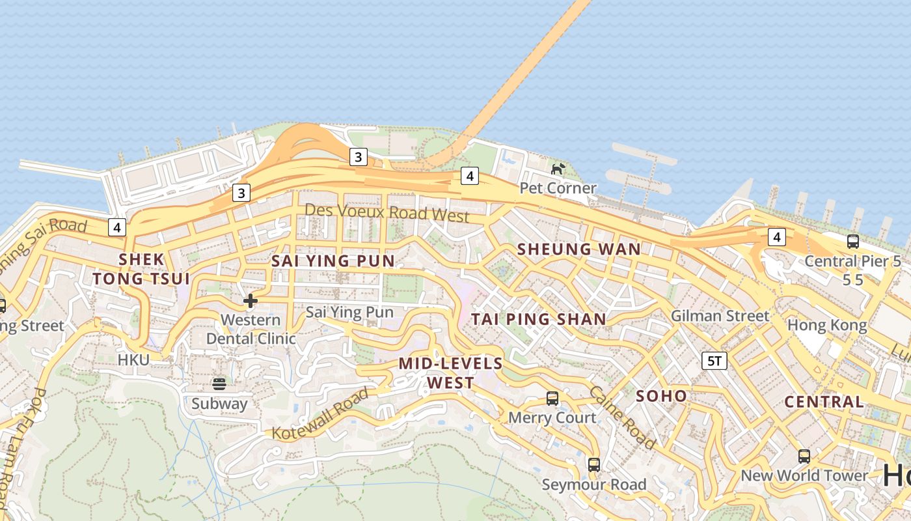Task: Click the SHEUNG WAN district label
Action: click(x=578, y=249)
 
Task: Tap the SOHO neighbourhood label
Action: click(x=661, y=396)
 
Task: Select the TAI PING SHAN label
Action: click(x=539, y=319)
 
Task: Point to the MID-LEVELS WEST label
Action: click(x=450, y=373)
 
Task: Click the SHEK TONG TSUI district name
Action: click(x=141, y=269)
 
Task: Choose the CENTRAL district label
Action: click(x=824, y=402)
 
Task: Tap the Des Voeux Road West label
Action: click(x=387, y=212)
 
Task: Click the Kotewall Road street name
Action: click(x=320, y=414)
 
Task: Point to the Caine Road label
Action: click(x=621, y=417)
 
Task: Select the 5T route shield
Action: click(x=714, y=361)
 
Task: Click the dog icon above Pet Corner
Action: click(x=558, y=169)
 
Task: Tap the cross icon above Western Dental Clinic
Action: click(x=250, y=300)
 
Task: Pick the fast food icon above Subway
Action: click(x=219, y=384)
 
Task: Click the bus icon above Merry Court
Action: click(x=552, y=398)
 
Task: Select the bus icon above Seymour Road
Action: click(x=593, y=464)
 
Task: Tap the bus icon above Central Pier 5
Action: click(x=852, y=242)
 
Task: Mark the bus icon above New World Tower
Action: click(x=804, y=456)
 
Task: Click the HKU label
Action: click(x=133, y=359)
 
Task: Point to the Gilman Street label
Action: click(x=720, y=316)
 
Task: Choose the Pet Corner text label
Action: click(x=558, y=188)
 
